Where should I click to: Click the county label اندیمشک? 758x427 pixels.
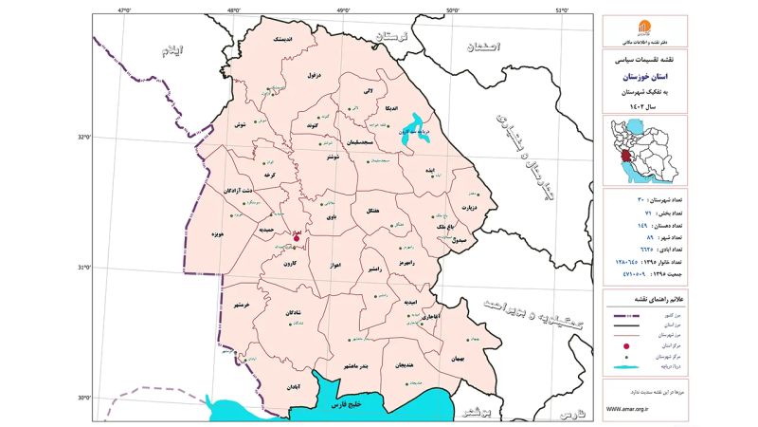point(283,41)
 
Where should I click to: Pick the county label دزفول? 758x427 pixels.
point(315,73)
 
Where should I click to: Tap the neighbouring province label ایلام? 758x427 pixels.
point(171,50)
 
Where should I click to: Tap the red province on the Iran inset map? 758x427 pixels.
point(627,153)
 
